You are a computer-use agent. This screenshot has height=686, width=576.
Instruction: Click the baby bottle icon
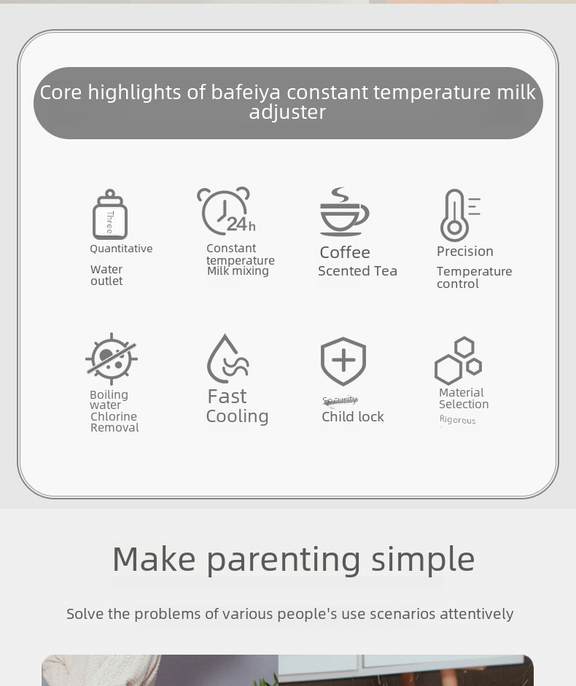point(110,214)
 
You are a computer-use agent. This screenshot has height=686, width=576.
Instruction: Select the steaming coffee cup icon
point(344,212)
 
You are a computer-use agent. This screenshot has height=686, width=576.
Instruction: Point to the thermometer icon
point(457,215)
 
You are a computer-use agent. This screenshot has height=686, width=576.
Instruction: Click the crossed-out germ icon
point(111,359)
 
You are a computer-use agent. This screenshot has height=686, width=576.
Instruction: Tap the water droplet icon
point(227,359)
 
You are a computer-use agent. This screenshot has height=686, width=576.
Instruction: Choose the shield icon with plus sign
point(343,362)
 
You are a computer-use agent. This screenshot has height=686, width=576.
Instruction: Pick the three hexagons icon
point(459,361)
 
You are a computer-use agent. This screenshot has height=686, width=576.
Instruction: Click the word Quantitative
point(121,249)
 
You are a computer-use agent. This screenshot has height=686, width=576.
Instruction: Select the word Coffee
point(345,252)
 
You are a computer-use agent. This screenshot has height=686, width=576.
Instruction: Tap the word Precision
point(465,252)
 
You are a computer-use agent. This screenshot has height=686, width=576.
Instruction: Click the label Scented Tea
point(357,271)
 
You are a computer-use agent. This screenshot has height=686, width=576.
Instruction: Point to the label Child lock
point(353,417)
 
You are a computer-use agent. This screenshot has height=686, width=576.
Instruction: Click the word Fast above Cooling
point(227,397)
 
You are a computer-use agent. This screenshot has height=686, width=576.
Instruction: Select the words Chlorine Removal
point(114,422)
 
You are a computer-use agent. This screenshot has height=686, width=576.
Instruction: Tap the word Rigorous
point(458,420)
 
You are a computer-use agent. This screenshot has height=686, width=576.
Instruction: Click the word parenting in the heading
point(284,559)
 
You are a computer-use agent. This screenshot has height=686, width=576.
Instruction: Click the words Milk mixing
point(238,271)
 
